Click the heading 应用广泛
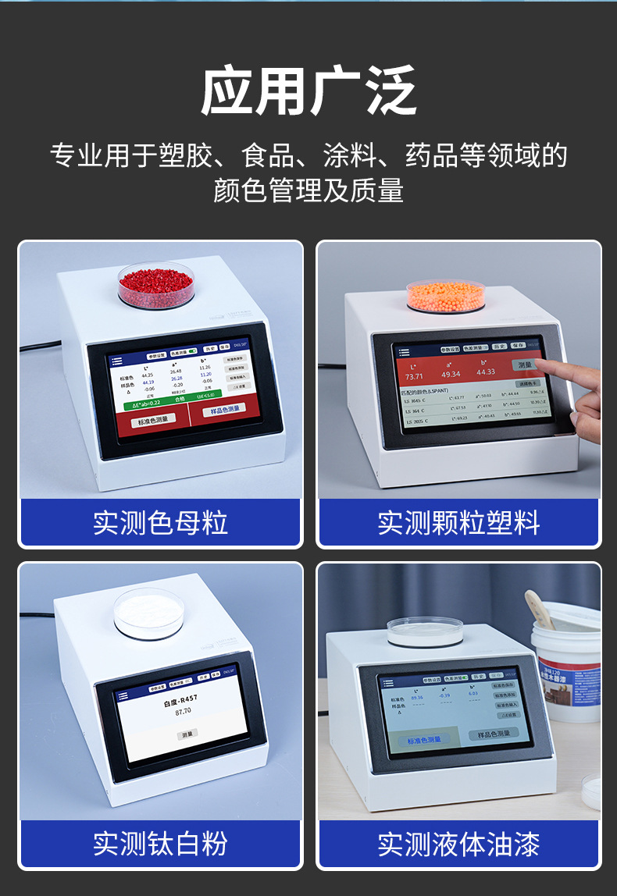[x=308, y=91]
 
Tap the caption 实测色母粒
[x=160, y=522]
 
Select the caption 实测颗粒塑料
[x=458, y=522]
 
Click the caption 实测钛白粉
[x=160, y=843]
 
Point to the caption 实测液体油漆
[x=458, y=843]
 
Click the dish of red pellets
[x=155, y=282]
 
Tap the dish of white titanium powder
[x=149, y=613]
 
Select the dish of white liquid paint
[x=425, y=630]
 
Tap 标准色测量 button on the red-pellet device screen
[x=153, y=421]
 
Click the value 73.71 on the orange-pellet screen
[x=414, y=375]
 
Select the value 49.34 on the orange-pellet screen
[x=451, y=373]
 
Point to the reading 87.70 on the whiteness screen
[x=183, y=712]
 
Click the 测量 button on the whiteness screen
[x=187, y=734]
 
